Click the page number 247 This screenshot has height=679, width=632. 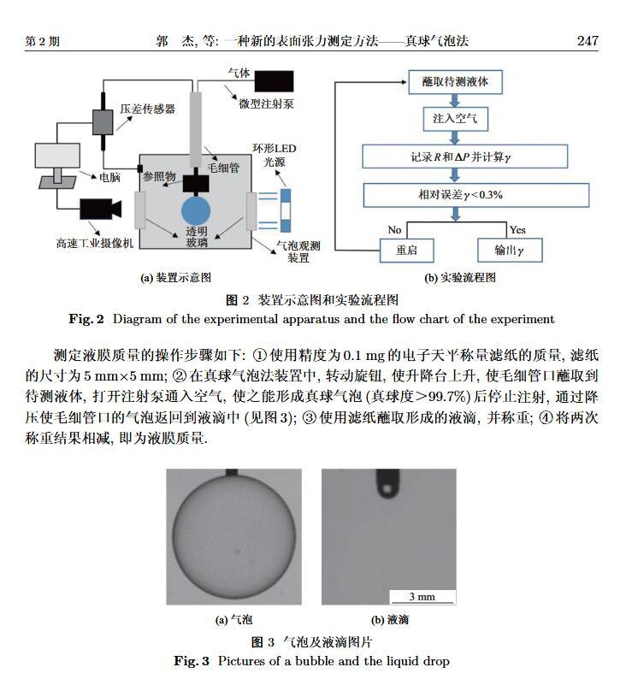587,41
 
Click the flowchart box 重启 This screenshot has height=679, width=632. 407,250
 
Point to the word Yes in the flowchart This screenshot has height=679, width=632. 517,230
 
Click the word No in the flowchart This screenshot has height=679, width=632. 394,230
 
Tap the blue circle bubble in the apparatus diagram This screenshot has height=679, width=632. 196,212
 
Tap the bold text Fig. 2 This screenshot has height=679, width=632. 86,319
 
